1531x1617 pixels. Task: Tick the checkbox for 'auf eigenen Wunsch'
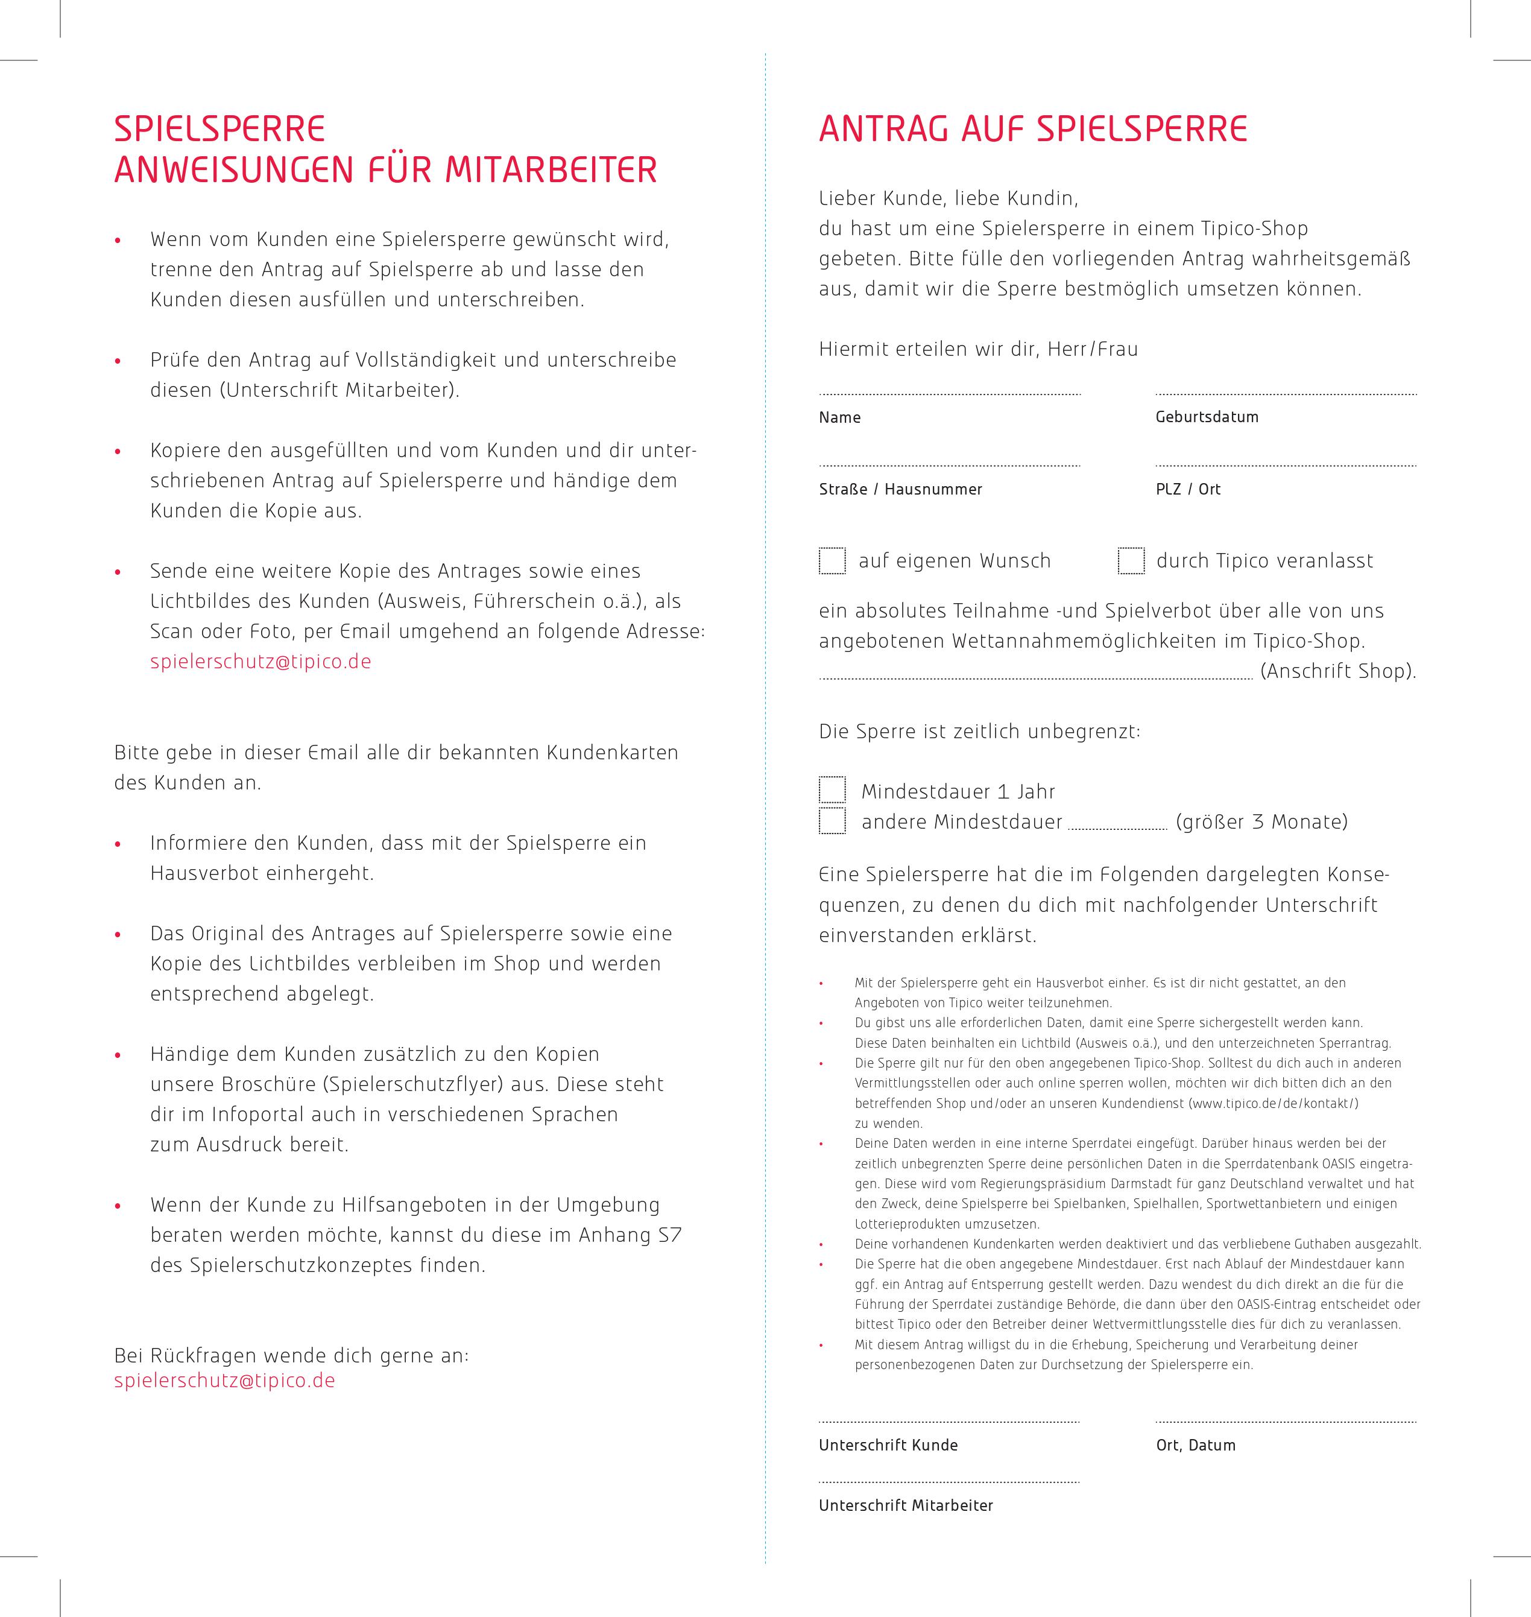(832, 561)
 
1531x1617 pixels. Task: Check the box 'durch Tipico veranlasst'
(1131, 561)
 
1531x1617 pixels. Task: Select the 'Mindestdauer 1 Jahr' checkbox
(832, 790)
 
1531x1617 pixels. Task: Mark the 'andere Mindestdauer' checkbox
(832, 820)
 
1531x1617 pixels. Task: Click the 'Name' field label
(840, 417)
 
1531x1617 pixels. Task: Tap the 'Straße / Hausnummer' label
(900, 489)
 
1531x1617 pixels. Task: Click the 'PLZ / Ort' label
(1187, 489)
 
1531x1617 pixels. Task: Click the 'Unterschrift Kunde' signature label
(888, 1445)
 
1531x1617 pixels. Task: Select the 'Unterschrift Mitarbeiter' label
(906, 1505)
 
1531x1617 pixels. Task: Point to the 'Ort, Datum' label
(1196, 1445)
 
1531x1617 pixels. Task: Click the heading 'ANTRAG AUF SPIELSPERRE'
(1033, 129)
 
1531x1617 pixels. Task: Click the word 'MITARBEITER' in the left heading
(551, 169)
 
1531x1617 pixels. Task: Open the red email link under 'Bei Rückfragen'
(224, 1381)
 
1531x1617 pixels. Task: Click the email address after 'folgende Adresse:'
(260, 661)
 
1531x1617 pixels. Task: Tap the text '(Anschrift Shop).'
(1339, 671)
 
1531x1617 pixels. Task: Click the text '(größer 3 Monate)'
(1261, 821)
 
